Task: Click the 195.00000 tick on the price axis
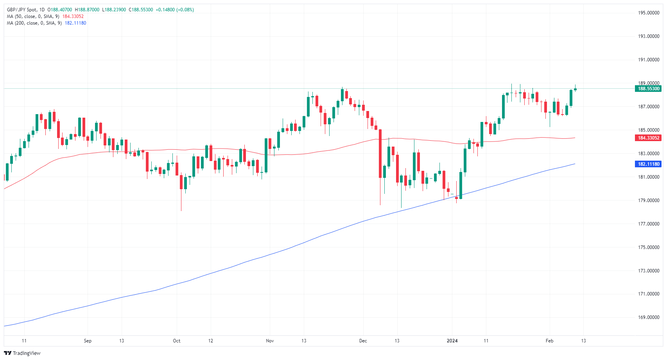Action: pos(649,13)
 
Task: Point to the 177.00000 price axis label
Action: pos(649,224)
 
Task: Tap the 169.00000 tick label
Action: pos(649,317)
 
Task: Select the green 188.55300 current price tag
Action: pos(649,89)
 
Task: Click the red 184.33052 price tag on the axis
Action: pos(649,138)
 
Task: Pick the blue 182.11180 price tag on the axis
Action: pos(649,164)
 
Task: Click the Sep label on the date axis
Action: pos(88,341)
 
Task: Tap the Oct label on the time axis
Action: pos(177,341)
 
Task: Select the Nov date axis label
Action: pos(270,341)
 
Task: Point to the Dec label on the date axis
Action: pos(363,341)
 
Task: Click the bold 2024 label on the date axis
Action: pos(452,341)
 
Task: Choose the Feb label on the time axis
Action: pos(549,341)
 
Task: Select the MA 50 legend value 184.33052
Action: pos(73,16)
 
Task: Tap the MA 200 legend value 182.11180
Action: pos(75,23)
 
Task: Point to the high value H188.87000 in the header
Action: pos(88,10)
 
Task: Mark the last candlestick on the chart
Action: pos(575,89)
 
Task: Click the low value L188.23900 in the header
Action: pos(114,10)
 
